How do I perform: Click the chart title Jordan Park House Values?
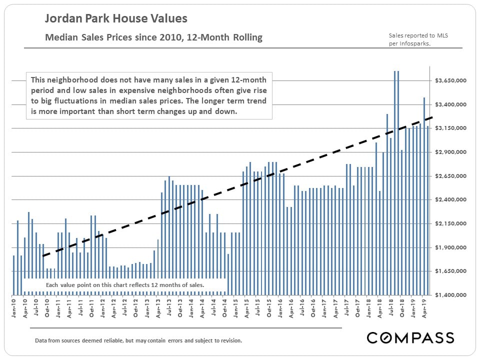(116, 19)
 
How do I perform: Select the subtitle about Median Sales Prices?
(153, 37)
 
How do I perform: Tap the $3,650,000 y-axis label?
(451, 80)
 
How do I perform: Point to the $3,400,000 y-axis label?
(451, 104)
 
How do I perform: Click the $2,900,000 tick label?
(451, 152)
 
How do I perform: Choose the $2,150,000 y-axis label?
(451, 223)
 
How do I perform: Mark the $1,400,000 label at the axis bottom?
(451, 295)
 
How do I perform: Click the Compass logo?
(410, 337)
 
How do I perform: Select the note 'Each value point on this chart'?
(125, 285)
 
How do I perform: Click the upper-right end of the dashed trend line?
(431, 117)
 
